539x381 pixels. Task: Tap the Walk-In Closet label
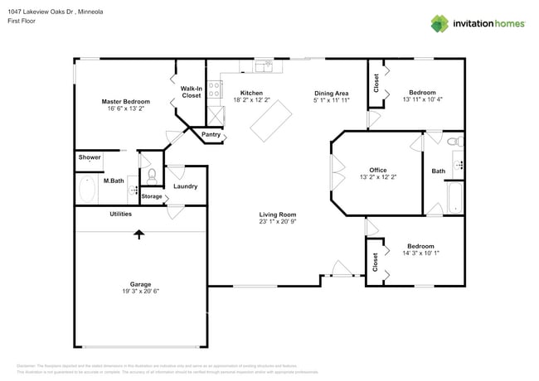click(x=191, y=91)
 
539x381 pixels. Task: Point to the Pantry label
click(x=211, y=134)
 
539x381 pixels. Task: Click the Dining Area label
click(x=330, y=93)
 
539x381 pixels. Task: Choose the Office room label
click(x=377, y=169)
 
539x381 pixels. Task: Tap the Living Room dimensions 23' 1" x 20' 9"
click(x=277, y=222)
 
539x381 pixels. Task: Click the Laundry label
click(x=185, y=186)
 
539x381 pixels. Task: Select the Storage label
click(x=151, y=196)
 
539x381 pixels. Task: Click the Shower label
click(x=90, y=157)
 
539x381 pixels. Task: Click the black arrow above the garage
click(x=138, y=234)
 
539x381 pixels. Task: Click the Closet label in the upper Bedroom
click(x=376, y=82)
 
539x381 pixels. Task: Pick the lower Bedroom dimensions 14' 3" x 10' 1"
click(x=420, y=254)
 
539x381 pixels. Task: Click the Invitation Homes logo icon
click(x=439, y=23)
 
